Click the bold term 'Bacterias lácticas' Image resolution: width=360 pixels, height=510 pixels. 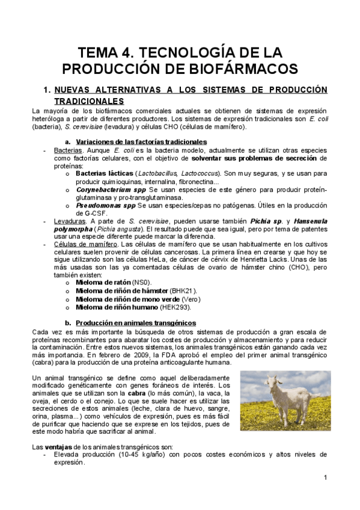[x=104, y=173]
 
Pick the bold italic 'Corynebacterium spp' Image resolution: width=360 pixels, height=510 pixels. [x=111, y=189]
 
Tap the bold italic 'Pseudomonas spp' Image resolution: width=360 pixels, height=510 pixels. [x=104, y=205]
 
